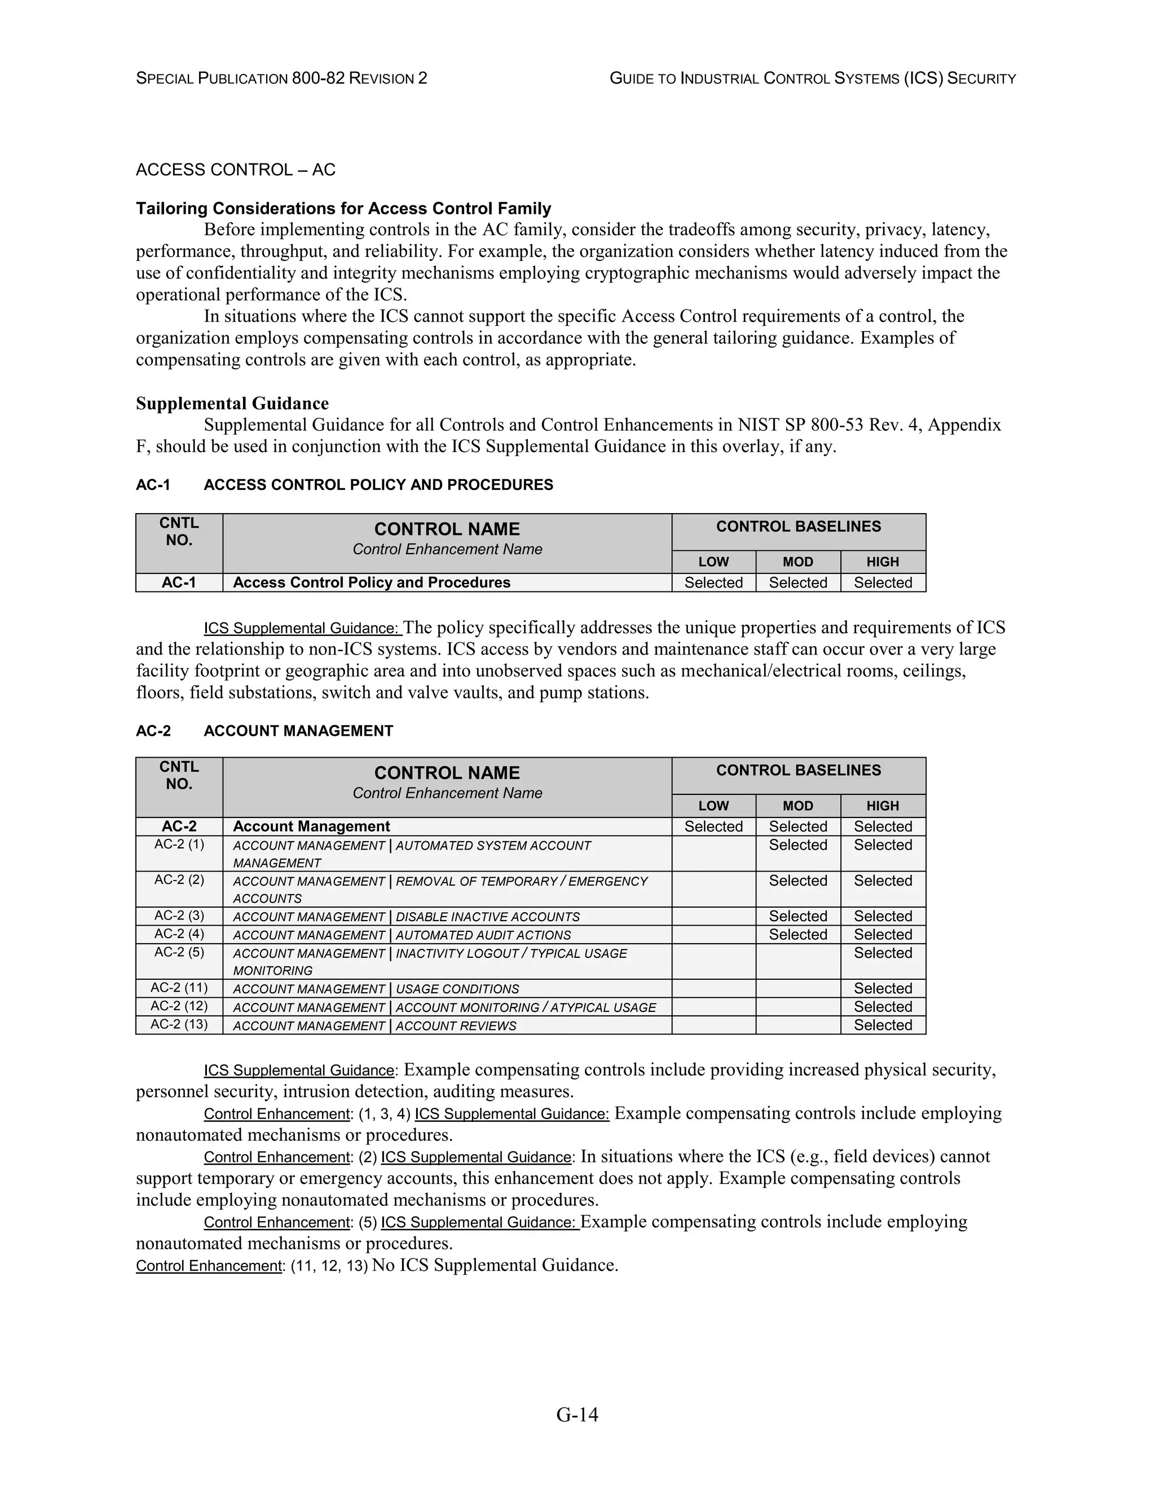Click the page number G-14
tap(577, 1414)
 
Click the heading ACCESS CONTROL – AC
tap(235, 170)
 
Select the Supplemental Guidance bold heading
tap(232, 403)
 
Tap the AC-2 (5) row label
tap(179, 952)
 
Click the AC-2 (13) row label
tap(179, 1024)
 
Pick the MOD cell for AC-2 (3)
tap(798, 916)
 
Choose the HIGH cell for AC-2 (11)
tap(883, 988)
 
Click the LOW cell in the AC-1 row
tap(713, 582)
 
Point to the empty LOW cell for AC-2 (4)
tap(713, 934)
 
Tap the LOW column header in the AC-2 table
tap(713, 805)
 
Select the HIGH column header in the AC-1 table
tap(883, 562)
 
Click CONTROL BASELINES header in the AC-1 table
tap(798, 527)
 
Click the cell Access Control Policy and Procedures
tap(372, 582)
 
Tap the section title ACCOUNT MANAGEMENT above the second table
tap(298, 731)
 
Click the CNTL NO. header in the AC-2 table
tap(179, 776)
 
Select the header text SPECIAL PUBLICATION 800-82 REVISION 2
tap(281, 79)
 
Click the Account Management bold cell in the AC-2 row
tap(311, 826)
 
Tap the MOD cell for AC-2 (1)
tap(798, 846)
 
